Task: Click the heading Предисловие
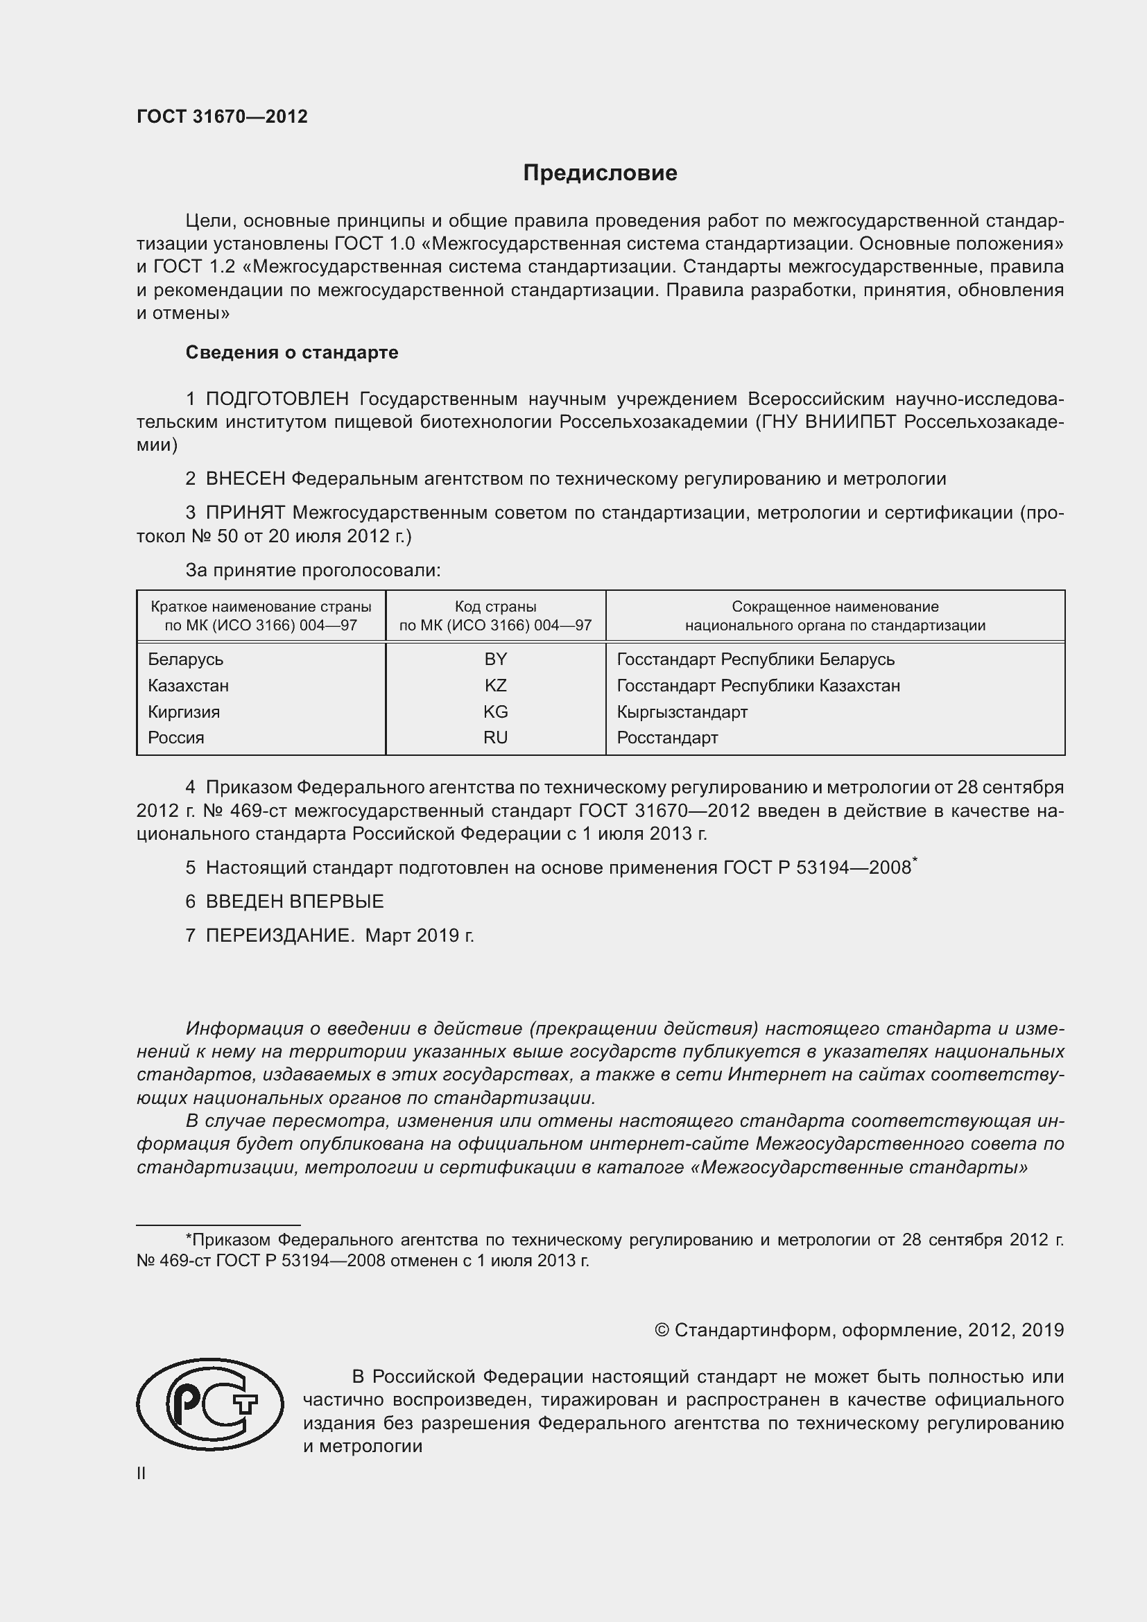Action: pos(600,173)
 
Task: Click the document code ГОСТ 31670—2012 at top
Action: pos(222,117)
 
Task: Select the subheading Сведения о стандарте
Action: pos(292,352)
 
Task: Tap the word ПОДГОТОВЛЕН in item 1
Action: pos(277,399)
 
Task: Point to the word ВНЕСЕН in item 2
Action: pos(245,479)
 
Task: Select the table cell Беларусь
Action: pos(186,659)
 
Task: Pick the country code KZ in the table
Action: pos(495,685)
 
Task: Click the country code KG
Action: pos(495,711)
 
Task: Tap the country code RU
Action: pos(495,738)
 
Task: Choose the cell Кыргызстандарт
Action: pos(682,711)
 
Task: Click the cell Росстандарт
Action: pos(666,738)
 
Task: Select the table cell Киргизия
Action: pos(184,711)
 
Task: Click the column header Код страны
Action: pos(495,607)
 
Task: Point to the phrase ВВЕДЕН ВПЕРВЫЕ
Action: pos(295,901)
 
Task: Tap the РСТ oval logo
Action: pos(209,1404)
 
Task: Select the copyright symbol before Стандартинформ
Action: pos(662,1330)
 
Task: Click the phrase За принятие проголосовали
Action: pos(313,570)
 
